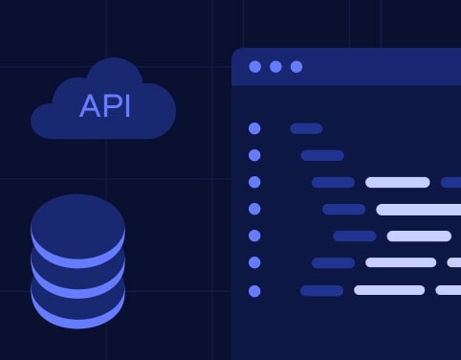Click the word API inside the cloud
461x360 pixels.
point(105,105)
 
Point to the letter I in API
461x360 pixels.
point(127,105)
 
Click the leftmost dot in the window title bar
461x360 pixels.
point(254,67)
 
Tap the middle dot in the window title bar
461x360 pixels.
point(275,67)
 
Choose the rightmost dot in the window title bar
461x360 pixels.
point(296,67)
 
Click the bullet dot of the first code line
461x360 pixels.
point(254,128)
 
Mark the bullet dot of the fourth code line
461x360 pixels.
point(254,209)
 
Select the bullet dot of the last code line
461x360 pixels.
point(254,290)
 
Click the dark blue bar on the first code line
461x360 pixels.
point(306,128)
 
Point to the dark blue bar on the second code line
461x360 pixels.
point(322,155)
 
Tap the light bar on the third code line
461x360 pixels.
point(397,182)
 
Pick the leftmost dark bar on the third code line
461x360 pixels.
point(333,182)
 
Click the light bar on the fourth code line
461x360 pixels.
point(419,209)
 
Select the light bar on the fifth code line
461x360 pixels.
point(419,236)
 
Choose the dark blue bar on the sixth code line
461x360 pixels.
point(333,262)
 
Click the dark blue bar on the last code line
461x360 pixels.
point(321,290)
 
